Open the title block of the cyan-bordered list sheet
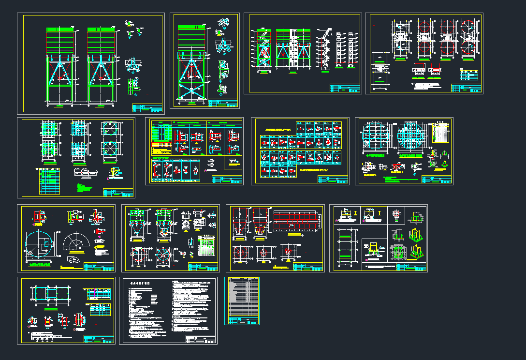point(242,320)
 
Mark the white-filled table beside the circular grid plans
point(440,134)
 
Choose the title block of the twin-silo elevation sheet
point(147,107)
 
